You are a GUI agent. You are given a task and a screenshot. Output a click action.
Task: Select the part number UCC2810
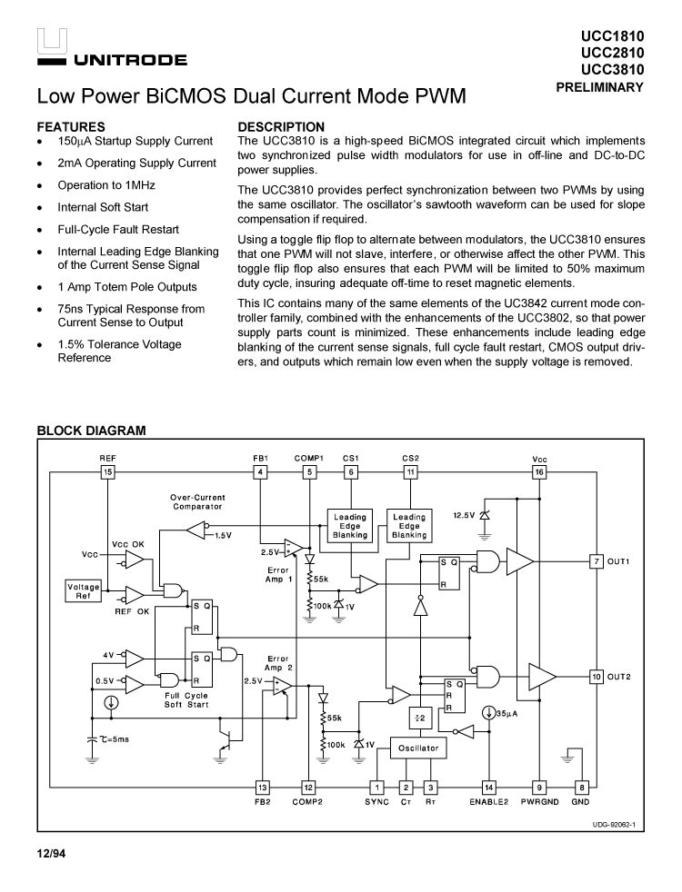click(612, 53)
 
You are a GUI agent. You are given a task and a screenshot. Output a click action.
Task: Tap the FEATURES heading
click(71, 127)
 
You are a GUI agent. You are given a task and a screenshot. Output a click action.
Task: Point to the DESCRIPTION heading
click(280, 127)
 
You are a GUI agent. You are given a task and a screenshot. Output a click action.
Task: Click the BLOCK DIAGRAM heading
click(91, 431)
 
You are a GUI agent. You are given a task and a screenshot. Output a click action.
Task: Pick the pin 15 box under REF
click(108, 472)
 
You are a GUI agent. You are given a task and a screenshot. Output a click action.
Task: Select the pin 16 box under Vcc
click(539, 472)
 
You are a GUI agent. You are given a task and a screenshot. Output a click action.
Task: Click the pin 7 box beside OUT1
click(597, 561)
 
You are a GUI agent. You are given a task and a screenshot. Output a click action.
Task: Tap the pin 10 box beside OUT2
click(597, 677)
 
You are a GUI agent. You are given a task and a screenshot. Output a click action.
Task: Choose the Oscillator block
click(418, 748)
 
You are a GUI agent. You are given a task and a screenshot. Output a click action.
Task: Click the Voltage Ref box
click(84, 591)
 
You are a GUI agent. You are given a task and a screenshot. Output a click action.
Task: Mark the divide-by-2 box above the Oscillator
click(420, 718)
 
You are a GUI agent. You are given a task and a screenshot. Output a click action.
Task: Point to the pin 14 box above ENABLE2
click(489, 788)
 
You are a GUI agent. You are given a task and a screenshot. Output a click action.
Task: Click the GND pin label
click(581, 802)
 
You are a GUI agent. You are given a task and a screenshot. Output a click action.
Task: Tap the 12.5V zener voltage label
click(464, 516)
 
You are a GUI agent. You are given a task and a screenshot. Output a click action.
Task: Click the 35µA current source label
click(506, 714)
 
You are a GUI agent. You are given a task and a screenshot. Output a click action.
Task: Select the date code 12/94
click(51, 854)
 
